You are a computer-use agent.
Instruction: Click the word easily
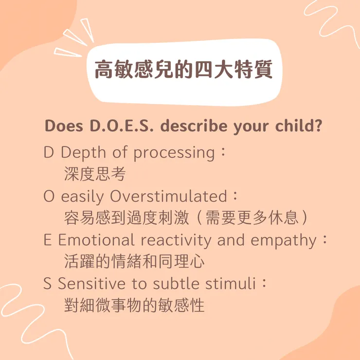[x=83, y=197]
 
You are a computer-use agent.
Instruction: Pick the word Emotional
[x=96, y=240]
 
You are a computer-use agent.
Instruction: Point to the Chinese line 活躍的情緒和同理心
[x=134, y=262]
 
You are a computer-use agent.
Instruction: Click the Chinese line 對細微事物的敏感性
[x=134, y=306]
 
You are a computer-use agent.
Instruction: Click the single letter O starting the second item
[x=49, y=197]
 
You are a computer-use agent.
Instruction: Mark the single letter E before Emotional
[x=47, y=240]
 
